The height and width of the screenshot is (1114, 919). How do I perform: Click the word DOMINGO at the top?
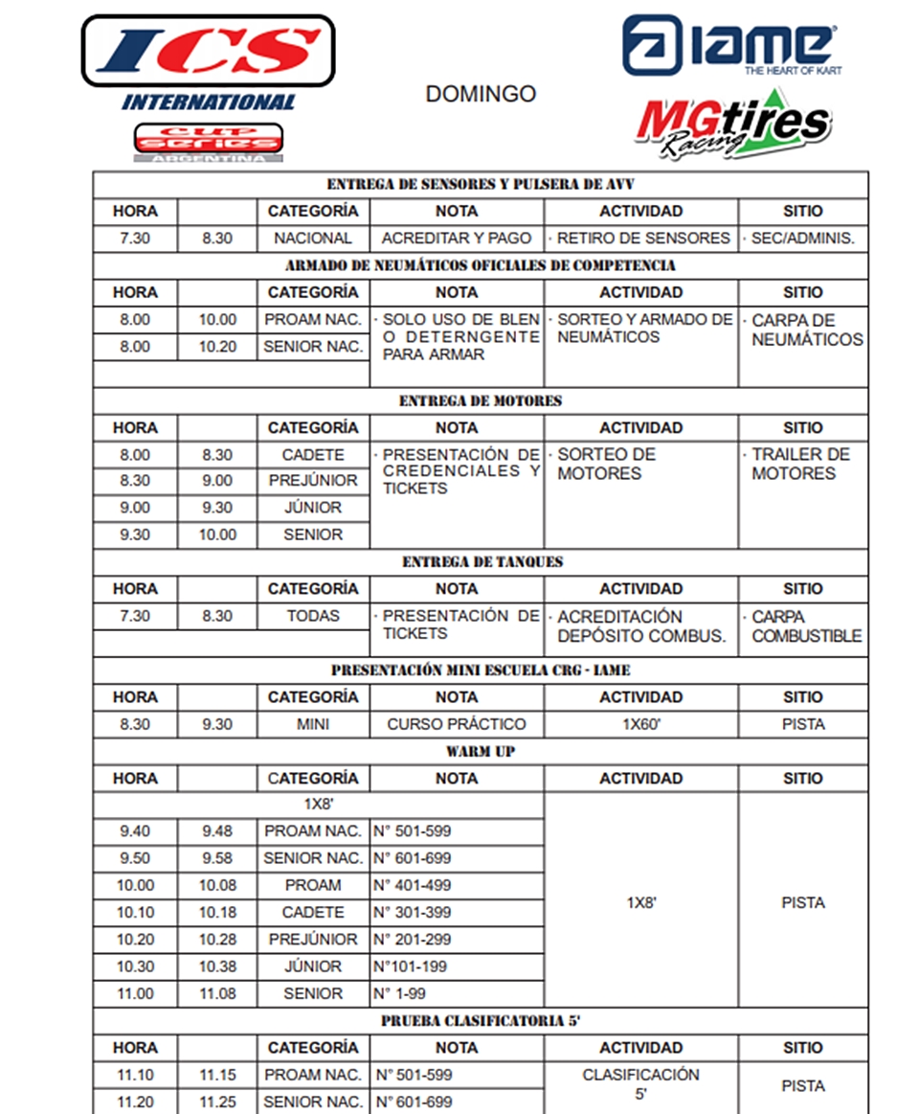pos(481,94)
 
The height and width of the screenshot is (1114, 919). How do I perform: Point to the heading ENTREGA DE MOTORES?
pos(481,400)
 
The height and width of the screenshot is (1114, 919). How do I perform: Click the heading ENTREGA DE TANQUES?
pos(481,561)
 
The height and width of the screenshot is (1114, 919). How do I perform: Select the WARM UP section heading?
pos(481,751)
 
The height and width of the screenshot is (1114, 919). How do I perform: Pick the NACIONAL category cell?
pos(313,239)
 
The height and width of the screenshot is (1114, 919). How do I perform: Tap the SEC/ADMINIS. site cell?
pos(803,239)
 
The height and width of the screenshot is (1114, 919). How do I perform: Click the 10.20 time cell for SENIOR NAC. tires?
pos(217,347)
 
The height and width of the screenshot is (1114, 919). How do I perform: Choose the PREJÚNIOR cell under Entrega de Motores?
pos(313,481)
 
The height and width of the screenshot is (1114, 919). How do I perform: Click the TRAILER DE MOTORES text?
pos(800,464)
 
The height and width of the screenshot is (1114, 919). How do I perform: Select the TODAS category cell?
pos(313,616)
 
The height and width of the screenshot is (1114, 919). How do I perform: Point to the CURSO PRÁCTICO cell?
pos(457,724)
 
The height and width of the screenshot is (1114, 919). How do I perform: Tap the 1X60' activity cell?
pos(640,724)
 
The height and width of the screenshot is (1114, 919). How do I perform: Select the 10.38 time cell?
pos(217,966)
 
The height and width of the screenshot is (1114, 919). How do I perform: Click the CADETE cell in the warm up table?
pos(313,912)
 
